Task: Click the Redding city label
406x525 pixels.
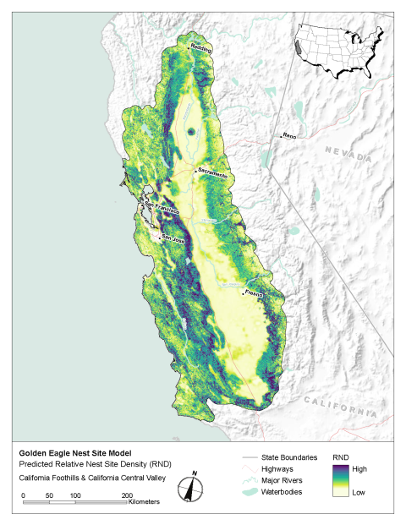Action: pyautogui.click(x=200, y=48)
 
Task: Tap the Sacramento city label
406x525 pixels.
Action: pyautogui.click(x=212, y=173)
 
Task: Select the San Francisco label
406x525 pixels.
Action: pyautogui.click(x=161, y=207)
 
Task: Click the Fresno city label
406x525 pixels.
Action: pyautogui.click(x=254, y=293)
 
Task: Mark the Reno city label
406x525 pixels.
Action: pyautogui.click(x=290, y=135)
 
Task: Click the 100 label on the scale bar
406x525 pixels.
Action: pyautogui.click(x=74, y=495)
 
